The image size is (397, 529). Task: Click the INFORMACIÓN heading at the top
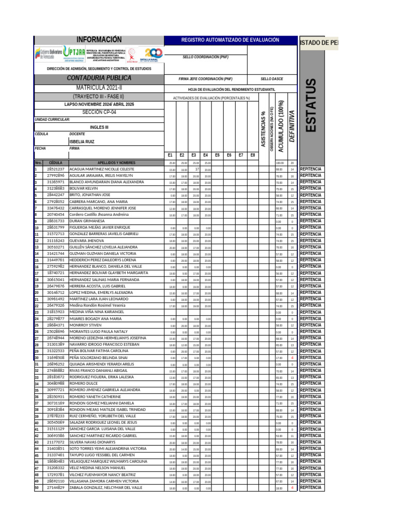99,40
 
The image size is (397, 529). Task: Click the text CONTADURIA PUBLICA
99,78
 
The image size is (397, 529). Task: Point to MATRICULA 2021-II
99,88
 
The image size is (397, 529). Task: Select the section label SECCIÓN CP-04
99,112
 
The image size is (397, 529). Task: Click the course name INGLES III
99,127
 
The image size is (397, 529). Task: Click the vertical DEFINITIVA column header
292,124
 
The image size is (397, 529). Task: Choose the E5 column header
217,155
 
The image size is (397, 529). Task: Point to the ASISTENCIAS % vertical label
263,129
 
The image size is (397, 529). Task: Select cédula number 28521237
56,169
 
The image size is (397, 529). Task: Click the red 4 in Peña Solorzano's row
292,357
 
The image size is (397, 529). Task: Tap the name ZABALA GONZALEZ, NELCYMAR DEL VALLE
105,487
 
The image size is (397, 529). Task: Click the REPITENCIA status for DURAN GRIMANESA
310,221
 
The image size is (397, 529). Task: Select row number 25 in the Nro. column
37,325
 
